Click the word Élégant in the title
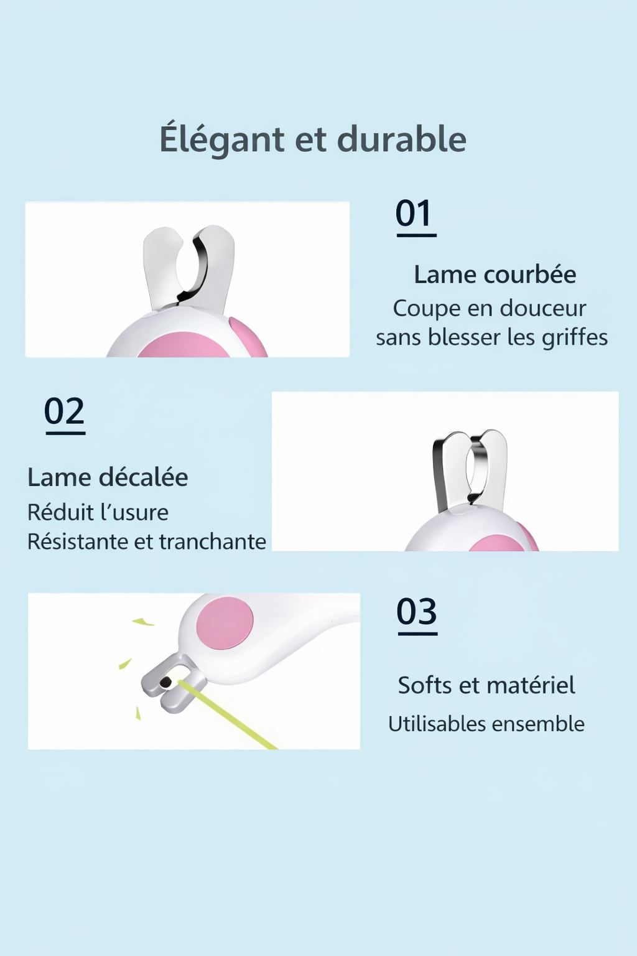(x=221, y=139)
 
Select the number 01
(x=414, y=214)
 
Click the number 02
(x=64, y=411)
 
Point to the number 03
(x=417, y=612)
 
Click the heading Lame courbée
(x=495, y=274)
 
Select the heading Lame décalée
(x=108, y=477)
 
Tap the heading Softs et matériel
(x=486, y=685)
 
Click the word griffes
(x=574, y=337)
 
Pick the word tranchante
(x=212, y=541)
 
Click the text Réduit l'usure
(x=98, y=512)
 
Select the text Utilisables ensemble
(x=486, y=724)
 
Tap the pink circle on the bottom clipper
(x=225, y=623)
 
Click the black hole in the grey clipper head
(x=165, y=683)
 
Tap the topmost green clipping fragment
(x=143, y=621)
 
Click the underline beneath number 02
(x=65, y=433)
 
